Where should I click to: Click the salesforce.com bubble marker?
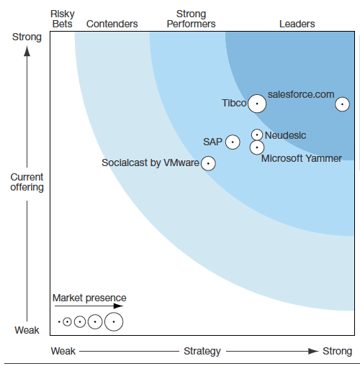pos(343,104)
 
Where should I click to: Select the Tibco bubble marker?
pos(257,104)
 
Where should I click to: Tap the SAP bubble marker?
pos(233,142)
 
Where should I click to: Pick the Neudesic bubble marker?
pos(256,134)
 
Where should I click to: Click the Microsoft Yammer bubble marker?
pos(256,147)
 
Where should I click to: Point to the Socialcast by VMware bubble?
pos(208,163)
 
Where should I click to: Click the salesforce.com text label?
pos(301,94)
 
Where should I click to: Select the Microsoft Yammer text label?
pos(301,158)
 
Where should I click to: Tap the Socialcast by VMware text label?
pos(150,163)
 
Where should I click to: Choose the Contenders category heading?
pos(112,24)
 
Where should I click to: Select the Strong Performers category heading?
pos(191,19)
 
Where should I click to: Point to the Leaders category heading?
pos(297,24)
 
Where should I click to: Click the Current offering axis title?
pos(27,182)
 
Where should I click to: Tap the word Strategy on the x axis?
pos(202,352)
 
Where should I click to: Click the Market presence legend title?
pos(89,298)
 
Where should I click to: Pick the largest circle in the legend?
pos(114,321)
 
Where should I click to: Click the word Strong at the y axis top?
pos(27,37)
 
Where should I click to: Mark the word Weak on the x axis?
pos(63,352)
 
